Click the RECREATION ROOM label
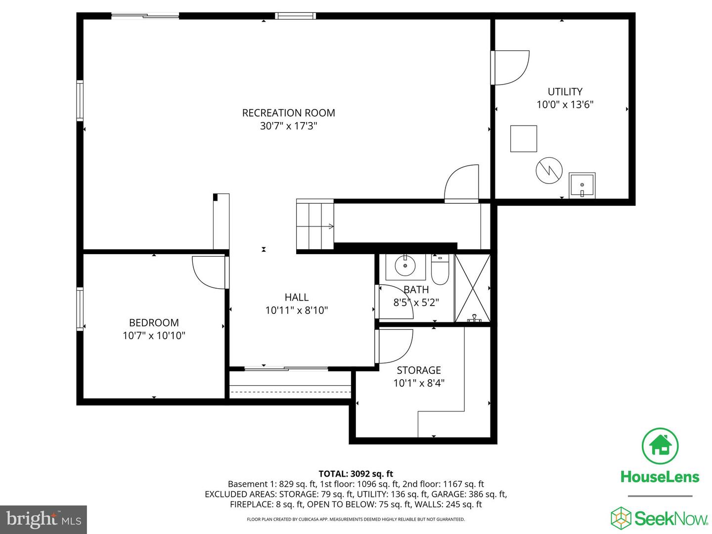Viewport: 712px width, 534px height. tap(288, 113)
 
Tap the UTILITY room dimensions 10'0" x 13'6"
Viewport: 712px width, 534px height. tap(565, 104)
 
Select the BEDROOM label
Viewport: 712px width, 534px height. tap(154, 322)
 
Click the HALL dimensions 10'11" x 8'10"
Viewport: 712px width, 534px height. tap(297, 310)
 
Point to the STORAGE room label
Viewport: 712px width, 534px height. tap(419, 370)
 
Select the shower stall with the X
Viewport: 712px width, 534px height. tap(472, 288)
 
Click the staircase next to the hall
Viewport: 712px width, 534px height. tap(315, 226)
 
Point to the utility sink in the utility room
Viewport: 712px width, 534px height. tap(582, 185)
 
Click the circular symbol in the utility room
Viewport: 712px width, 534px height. tap(549, 171)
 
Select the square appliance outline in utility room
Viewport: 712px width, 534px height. tap(524, 138)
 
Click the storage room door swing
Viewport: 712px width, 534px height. tap(394, 346)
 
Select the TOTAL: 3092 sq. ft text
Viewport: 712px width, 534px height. tap(356, 474)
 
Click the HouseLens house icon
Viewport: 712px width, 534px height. tap(660, 445)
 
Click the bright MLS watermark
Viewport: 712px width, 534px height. tap(44, 519)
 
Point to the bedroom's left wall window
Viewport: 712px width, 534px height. tap(80, 309)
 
